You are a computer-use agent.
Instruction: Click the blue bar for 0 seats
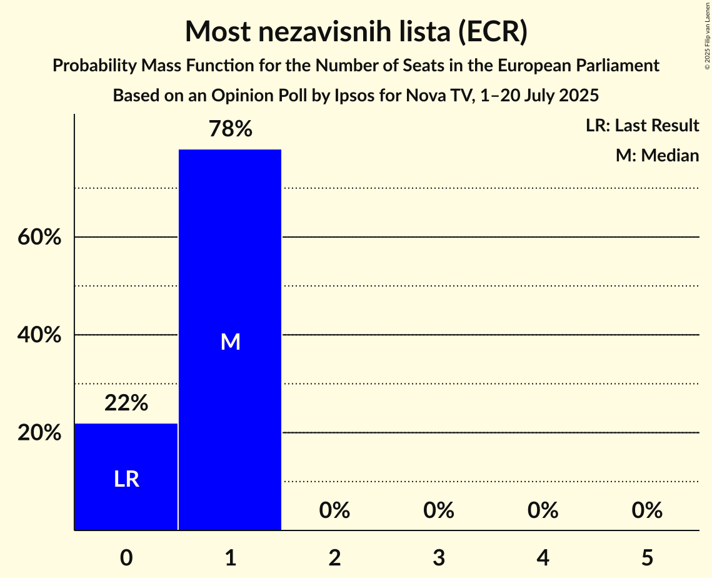(x=126, y=450)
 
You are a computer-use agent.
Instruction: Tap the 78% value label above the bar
(x=231, y=129)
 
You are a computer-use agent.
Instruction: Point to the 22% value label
(x=126, y=403)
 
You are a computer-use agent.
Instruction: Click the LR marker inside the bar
(x=126, y=479)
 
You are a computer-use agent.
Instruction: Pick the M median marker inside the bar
(x=231, y=342)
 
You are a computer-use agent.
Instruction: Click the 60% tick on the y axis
(x=39, y=238)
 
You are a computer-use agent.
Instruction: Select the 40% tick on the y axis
(x=39, y=335)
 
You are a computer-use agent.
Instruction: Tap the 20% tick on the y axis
(x=39, y=433)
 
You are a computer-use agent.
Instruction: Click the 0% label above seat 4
(x=543, y=510)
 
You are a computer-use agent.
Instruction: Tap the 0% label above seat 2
(x=334, y=510)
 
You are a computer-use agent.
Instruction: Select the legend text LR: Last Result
(x=642, y=126)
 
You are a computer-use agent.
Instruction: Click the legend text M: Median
(x=657, y=155)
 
